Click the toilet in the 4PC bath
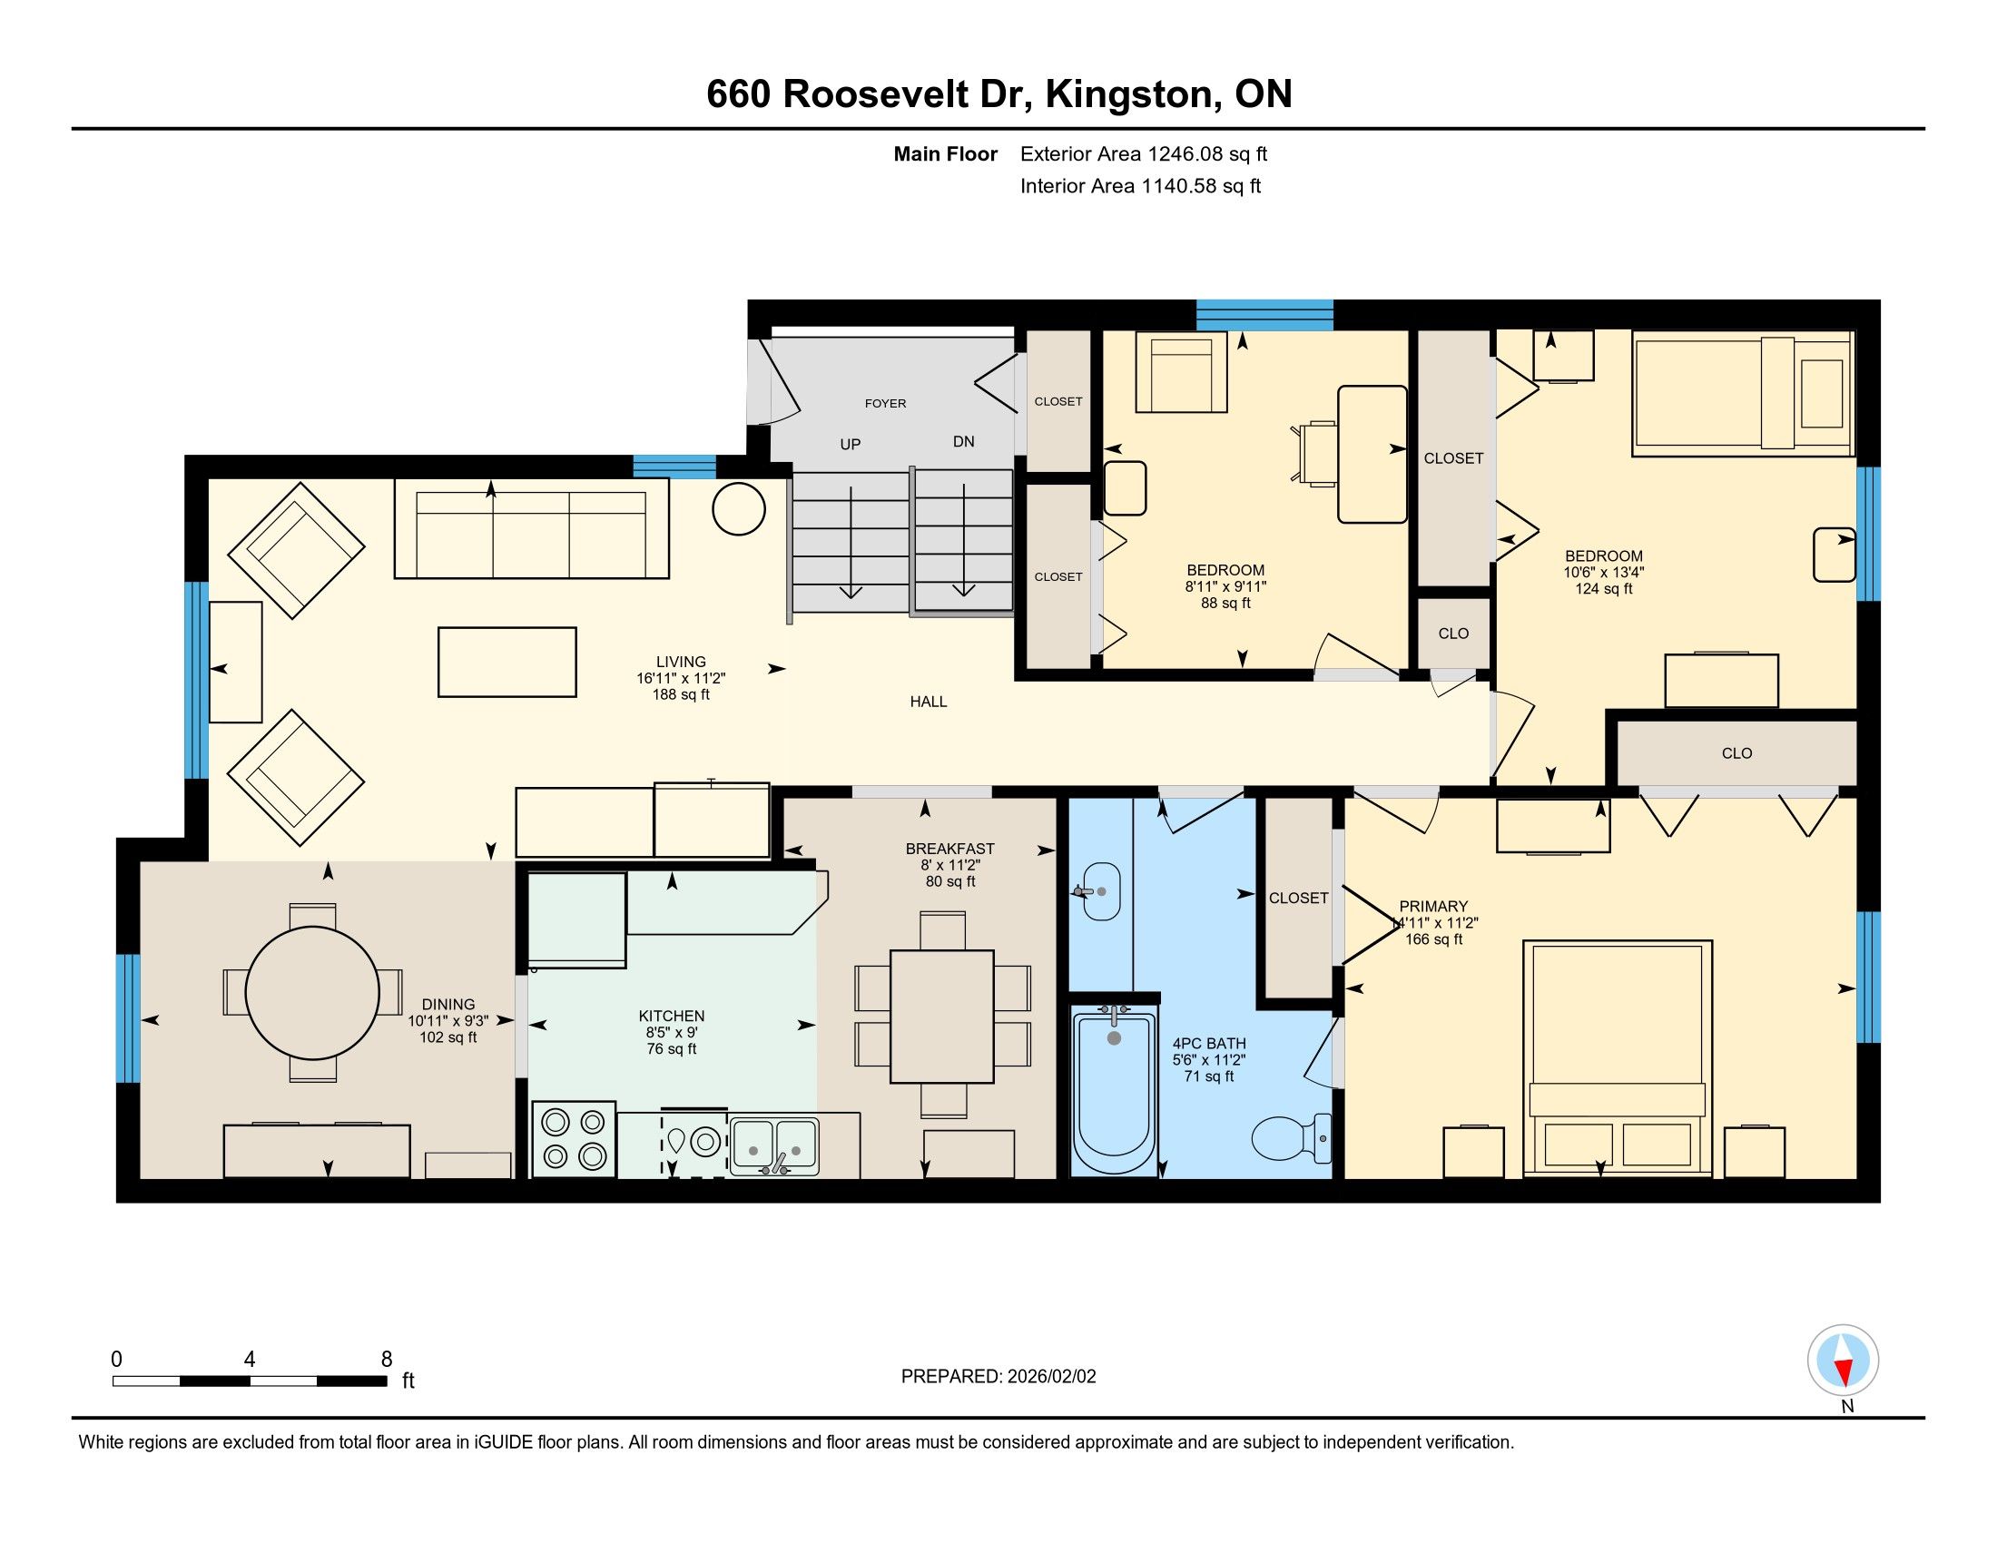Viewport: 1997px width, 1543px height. [1291, 1139]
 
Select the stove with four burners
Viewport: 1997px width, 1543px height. [575, 1139]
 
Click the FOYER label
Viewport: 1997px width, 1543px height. [885, 403]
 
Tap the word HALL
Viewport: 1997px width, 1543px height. [928, 702]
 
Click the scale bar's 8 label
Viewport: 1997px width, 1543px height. [386, 1359]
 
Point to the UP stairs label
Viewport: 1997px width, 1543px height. [851, 444]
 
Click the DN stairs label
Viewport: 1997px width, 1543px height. [964, 441]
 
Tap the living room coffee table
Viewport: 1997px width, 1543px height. [507, 662]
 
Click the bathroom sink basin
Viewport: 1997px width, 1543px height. [1100, 891]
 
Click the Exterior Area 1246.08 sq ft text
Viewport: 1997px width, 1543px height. [1144, 154]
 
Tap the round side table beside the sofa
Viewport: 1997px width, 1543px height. [739, 508]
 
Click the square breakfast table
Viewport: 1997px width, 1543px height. [942, 1017]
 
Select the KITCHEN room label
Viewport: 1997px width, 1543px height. [671, 1016]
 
